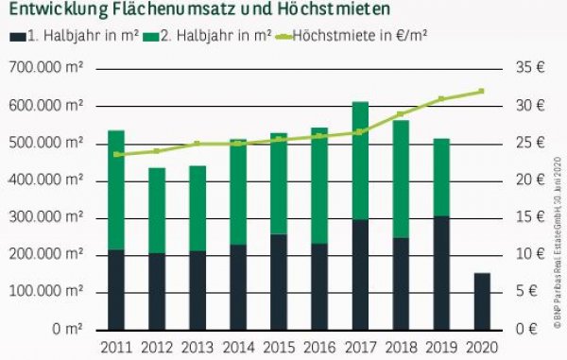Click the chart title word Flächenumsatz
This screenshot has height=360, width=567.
(180, 11)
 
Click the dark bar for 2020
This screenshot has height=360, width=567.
(481, 300)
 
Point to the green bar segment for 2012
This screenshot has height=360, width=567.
(157, 211)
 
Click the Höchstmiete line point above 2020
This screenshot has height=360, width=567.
(481, 91)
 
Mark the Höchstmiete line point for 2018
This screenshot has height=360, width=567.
(400, 113)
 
